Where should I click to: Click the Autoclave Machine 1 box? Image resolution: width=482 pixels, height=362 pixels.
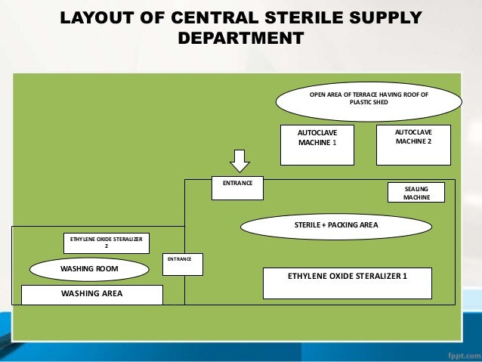317,144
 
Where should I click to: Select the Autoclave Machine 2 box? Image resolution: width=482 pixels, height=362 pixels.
413,144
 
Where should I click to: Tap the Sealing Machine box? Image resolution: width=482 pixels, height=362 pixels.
416,192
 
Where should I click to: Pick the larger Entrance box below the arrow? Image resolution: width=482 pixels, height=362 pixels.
236,188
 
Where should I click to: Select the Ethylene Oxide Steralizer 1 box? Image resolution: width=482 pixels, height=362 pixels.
347,283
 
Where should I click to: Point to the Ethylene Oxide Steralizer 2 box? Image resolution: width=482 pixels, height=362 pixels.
106,243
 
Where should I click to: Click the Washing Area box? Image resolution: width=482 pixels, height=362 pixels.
91,294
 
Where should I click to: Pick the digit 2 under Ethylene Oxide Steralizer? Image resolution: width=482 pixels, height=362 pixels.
106,246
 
